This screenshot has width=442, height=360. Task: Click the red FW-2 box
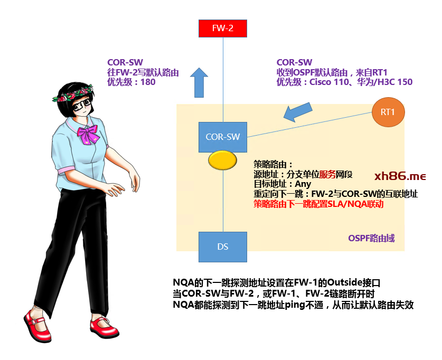click(x=223, y=29)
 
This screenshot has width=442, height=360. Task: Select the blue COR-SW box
click(x=223, y=137)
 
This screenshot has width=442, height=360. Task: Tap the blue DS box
click(x=223, y=247)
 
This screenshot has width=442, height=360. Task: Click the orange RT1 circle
click(x=388, y=112)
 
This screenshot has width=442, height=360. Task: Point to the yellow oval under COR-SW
click(x=222, y=160)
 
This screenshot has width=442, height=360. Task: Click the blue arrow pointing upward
click(x=199, y=82)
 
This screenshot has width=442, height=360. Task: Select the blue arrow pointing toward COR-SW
click(x=298, y=112)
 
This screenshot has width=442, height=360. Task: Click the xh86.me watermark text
click(x=400, y=176)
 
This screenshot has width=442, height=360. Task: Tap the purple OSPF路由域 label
click(x=371, y=238)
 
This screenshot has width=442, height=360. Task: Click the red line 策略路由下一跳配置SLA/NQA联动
click(x=318, y=204)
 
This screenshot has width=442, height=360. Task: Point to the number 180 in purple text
click(x=148, y=82)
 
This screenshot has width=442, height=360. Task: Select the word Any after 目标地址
click(x=303, y=184)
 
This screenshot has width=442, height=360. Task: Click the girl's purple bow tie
click(x=88, y=134)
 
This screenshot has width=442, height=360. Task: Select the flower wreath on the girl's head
click(x=72, y=94)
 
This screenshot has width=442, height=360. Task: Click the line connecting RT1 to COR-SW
click(x=309, y=125)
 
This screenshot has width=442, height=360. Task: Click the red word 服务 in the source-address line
click(x=327, y=174)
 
